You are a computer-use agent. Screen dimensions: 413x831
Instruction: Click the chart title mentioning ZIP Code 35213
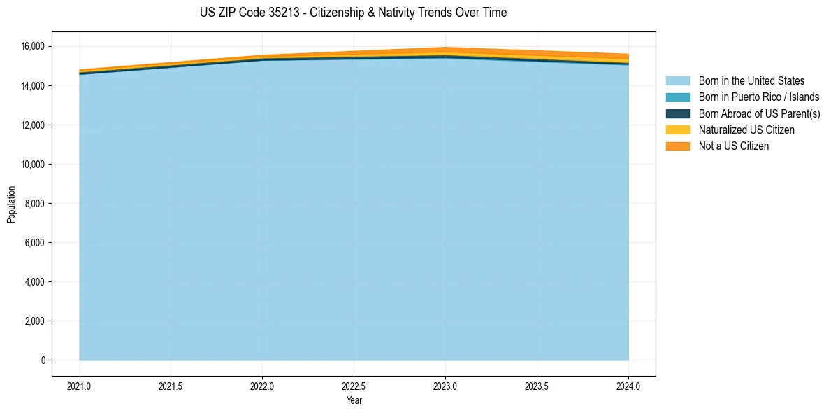pos(353,13)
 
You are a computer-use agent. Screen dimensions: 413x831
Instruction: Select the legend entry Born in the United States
pos(751,81)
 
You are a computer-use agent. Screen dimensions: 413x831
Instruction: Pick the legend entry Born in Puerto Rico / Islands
pos(758,97)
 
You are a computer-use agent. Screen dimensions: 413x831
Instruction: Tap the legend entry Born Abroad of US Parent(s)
pos(759,113)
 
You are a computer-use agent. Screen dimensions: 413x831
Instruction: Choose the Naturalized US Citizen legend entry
pos(746,129)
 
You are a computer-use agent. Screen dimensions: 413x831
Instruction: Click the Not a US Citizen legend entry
pos(733,146)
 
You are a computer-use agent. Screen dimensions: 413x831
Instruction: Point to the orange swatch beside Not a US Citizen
pos(677,146)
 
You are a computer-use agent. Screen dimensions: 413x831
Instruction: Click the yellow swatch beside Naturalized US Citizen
pos(677,129)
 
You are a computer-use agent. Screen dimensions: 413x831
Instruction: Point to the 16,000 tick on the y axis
pos(32,47)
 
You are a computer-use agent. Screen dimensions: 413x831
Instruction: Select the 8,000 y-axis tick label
pos(34,204)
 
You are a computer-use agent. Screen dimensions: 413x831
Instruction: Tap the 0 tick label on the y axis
pos(43,360)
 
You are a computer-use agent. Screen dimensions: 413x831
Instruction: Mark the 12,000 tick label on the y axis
pos(32,125)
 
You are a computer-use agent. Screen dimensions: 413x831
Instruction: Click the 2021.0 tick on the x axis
pos(80,386)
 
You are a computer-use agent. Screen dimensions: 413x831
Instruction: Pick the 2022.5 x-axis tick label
pos(354,386)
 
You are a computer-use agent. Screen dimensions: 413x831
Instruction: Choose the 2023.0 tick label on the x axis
pos(445,386)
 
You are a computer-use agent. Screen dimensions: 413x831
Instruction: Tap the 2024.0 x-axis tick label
pos(628,386)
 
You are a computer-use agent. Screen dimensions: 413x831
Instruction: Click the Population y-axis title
pos(11,204)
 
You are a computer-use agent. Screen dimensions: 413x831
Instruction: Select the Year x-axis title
pos(354,400)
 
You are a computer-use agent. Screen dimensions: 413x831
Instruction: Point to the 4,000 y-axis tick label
pos(34,282)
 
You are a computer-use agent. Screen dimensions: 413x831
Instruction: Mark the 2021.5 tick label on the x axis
pos(171,386)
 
